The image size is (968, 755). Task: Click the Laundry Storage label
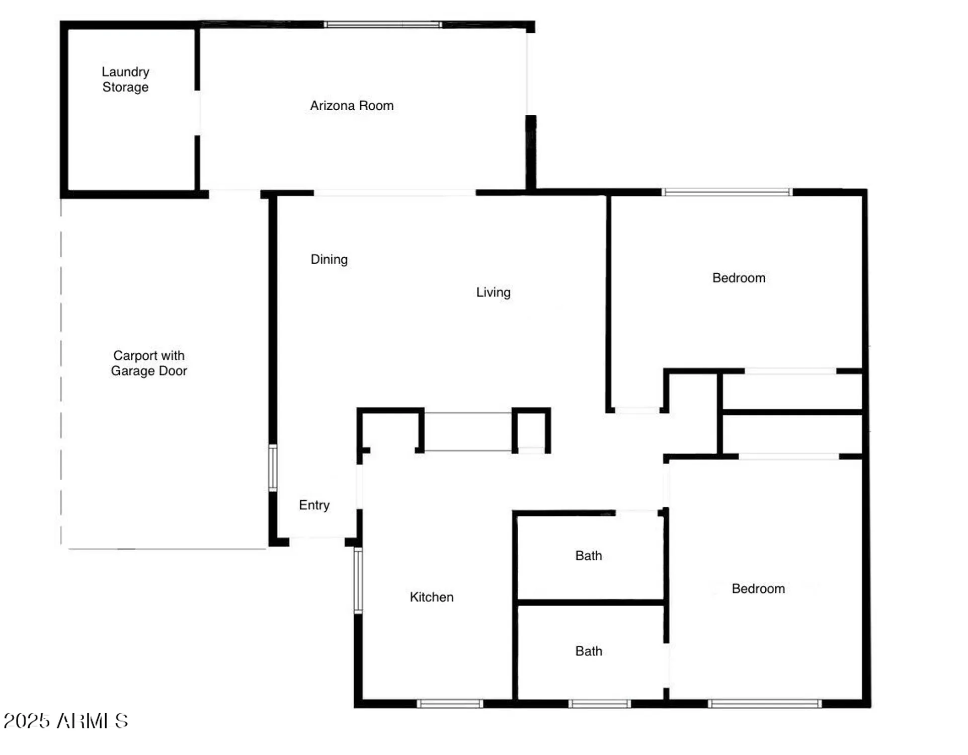(125, 80)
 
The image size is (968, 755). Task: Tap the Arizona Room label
(352, 106)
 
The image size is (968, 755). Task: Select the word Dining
(329, 259)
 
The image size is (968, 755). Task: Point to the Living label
(493, 292)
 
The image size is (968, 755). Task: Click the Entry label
(314, 505)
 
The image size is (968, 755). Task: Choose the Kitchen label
(432, 597)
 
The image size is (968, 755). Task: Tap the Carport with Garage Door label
(149, 363)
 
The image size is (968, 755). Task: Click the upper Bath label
(589, 556)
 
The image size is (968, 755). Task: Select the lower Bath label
(589, 651)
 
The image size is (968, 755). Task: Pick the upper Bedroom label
(739, 278)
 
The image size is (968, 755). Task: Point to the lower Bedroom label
(758, 588)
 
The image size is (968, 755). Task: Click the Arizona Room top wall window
(383, 25)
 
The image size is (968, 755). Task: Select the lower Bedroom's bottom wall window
(765, 704)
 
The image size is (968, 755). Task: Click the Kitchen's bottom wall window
(450, 704)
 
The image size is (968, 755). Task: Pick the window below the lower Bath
(599, 704)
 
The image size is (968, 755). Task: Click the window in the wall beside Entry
(273, 468)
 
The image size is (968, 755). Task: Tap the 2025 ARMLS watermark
(66, 721)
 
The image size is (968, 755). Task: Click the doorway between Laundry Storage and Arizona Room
(198, 113)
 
